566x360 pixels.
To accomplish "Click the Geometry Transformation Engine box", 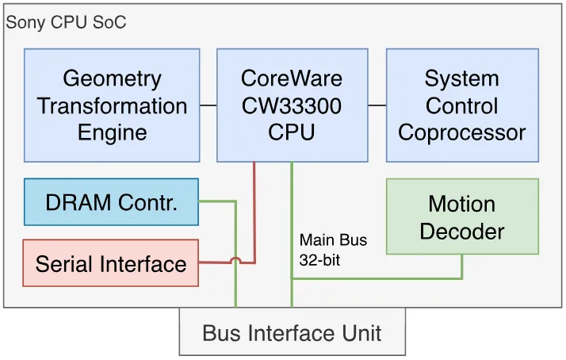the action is click(x=112, y=105).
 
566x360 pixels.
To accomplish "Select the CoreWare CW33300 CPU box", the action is click(x=293, y=105).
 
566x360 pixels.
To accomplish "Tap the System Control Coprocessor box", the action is click(x=462, y=105).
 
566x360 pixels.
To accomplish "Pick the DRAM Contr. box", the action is click(x=111, y=202).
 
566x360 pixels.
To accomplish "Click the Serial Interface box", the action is click(x=110, y=263).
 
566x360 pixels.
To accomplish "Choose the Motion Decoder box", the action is click(x=462, y=216).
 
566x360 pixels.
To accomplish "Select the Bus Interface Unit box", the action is click(x=293, y=331).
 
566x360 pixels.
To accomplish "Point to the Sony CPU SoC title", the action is click(x=66, y=22).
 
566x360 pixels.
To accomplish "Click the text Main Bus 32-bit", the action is click(x=333, y=250).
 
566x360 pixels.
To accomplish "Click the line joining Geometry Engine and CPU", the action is click(x=208, y=105).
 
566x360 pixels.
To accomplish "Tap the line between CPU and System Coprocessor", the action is click(x=377, y=105).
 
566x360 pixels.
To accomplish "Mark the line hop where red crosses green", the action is click(x=235, y=260).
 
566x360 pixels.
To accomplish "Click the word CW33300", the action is click(x=292, y=105).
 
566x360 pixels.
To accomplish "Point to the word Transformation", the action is click(x=112, y=105).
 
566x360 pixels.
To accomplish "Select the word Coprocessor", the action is click(x=461, y=132).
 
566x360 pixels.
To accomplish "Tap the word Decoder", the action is click(x=462, y=231).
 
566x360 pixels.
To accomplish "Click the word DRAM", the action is click(x=78, y=202).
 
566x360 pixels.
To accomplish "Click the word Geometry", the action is click(x=112, y=79).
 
